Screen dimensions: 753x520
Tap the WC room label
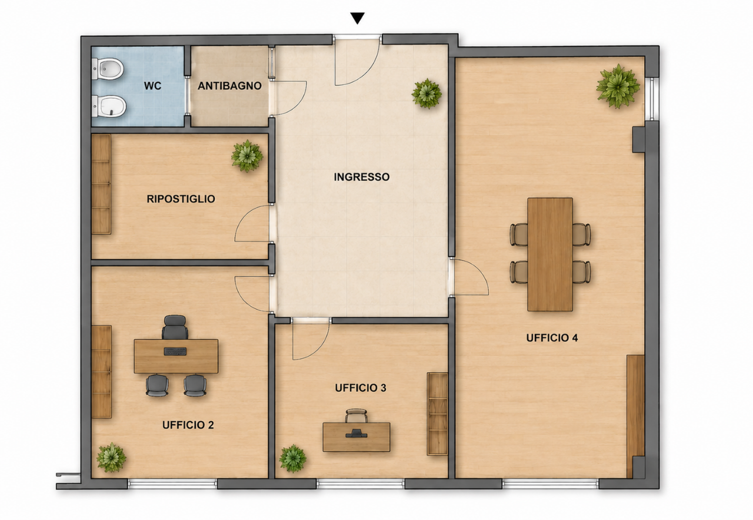pyautogui.click(x=152, y=86)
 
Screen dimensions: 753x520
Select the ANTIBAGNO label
pyautogui.click(x=229, y=86)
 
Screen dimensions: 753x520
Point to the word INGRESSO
pyautogui.click(x=362, y=177)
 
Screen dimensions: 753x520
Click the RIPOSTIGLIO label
pyautogui.click(x=181, y=199)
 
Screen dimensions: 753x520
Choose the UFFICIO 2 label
pyautogui.click(x=188, y=425)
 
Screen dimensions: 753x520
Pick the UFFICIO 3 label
pyautogui.click(x=361, y=388)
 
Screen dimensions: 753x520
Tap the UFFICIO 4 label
pyautogui.click(x=552, y=338)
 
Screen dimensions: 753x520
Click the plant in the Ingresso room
pyautogui.click(x=427, y=93)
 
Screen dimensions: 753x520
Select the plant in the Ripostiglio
pyautogui.click(x=247, y=156)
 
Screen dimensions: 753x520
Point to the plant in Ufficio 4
pyautogui.click(x=618, y=86)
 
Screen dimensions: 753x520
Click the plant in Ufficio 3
pyautogui.click(x=293, y=458)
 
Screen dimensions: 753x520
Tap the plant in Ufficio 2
pyautogui.click(x=111, y=458)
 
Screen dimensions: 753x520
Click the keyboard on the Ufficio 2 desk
pyautogui.click(x=175, y=351)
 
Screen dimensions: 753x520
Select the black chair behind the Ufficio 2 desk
pyautogui.click(x=175, y=327)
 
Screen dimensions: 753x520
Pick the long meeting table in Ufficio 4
pyautogui.click(x=550, y=254)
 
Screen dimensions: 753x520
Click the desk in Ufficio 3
pyautogui.click(x=356, y=437)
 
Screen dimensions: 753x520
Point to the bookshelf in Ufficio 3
pyautogui.click(x=437, y=414)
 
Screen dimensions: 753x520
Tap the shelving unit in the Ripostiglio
pyautogui.click(x=101, y=184)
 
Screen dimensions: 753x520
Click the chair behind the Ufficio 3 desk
pyautogui.click(x=356, y=415)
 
